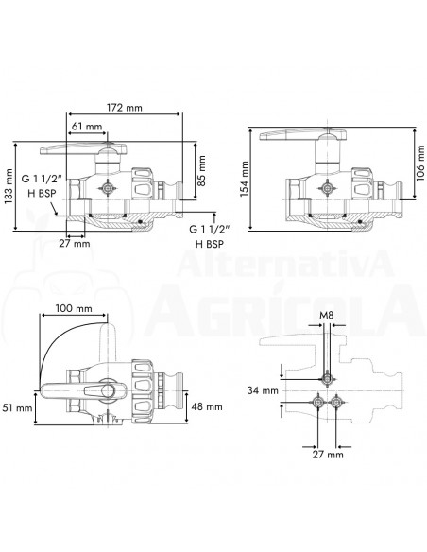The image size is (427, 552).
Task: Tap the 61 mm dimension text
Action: [x=86, y=125]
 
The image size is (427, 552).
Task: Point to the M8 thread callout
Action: [x=326, y=315]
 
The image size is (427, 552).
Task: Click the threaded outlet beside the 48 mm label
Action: [x=176, y=388]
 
